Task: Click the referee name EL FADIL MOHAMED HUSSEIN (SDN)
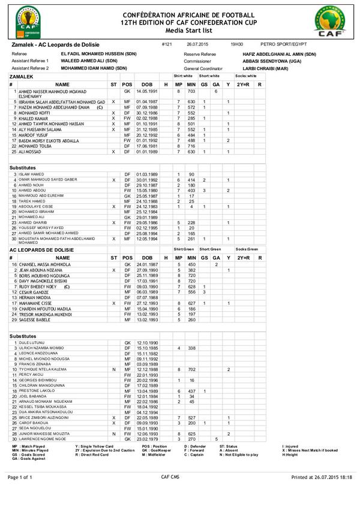(98, 54)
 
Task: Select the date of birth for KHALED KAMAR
(147, 118)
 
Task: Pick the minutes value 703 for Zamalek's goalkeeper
(192, 91)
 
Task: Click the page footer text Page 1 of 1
(20, 493)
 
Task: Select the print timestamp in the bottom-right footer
(322, 493)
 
